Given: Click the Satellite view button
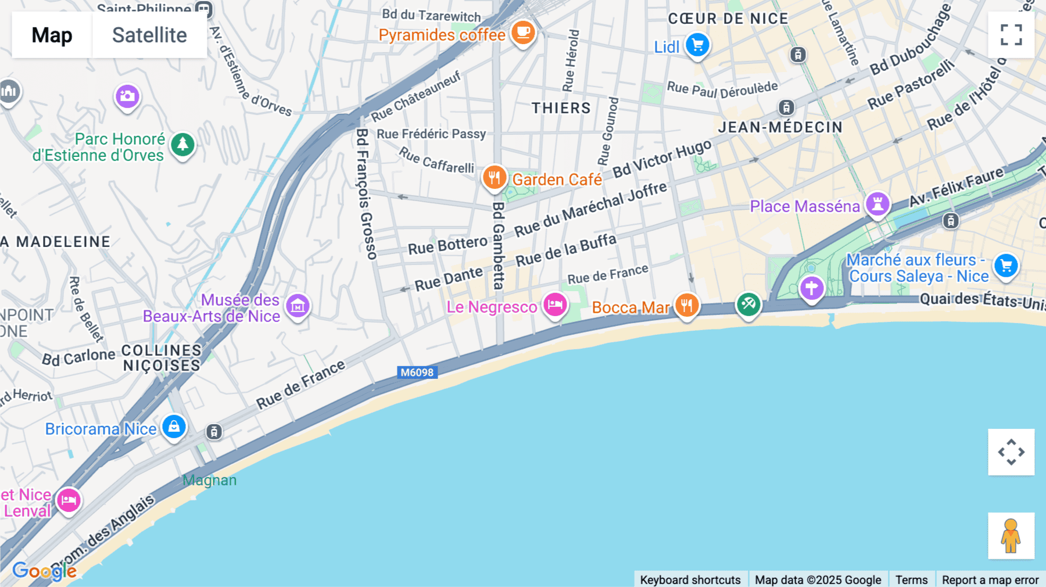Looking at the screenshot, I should pyautogui.click(x=149, y=35).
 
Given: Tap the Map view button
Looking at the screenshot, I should pyautogui.click(x=52, y=35).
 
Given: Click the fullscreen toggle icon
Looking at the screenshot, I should pyautogui.click(x=1011, y=35).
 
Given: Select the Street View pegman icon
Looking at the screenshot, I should pyautogui.click(x=1011, y=536).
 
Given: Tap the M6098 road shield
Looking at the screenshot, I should pyautogui.click(x=417, y=373).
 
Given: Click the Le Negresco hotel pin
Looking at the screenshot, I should pyautogui.click(x=555, y=305).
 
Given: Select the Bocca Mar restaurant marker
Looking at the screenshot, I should pyautogui.click(x=686, y=305).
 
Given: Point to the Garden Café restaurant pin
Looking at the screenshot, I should pyautogui.click(x=495, y=177).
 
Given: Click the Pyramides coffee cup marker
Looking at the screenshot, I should pyautogui.click(x=523, y=32).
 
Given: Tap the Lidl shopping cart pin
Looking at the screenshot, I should pyautogui.click(x=697, y=45).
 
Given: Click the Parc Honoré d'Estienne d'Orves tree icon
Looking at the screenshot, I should pyautogui.click(x=183, y=144).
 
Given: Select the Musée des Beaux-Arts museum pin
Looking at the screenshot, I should pyautogui.click(x=298, y=306).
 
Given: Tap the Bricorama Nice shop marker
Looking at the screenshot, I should pyautogui.click(x=174, y=427).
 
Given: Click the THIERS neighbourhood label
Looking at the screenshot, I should pyautogui.click(x=561, y=108).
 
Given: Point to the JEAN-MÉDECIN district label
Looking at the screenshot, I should pyautogui.click(x=780, y=127).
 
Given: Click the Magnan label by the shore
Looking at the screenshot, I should pyautogui.click(x=209, y=480).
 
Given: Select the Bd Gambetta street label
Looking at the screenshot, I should pyautogui.click(x=498, y=246).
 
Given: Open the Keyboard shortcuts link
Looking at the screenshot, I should pyautogui.click(x=690, y=579).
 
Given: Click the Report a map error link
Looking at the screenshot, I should pyautogui.click(x=990, y=579).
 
